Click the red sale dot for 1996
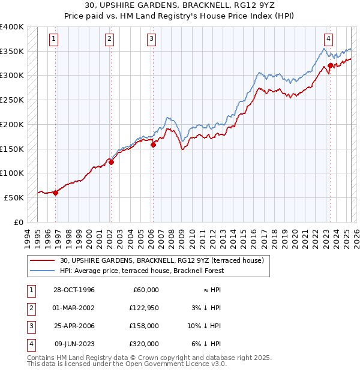[x=55, y=193]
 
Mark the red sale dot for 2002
[x=111, y=161]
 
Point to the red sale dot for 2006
[x=153, y=145]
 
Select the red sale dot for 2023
[x=330, y=65]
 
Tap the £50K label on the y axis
[x=14, y=197]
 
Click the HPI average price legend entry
[x=142, y=271]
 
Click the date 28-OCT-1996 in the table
[x=74, y=289]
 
